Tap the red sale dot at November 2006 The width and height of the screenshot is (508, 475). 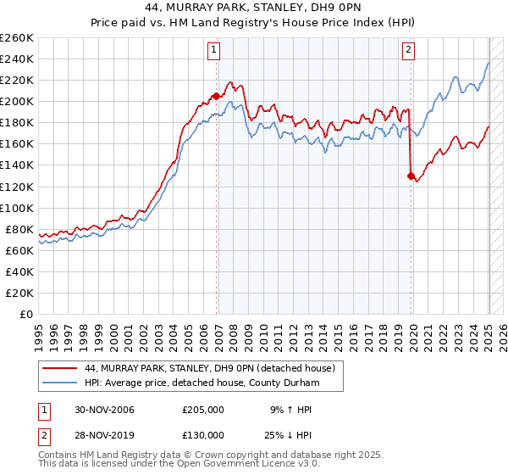point(217,96)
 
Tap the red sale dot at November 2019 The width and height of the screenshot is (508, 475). point(411,176)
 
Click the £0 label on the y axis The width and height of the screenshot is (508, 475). point(28,315)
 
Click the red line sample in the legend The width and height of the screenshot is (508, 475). point(59,368)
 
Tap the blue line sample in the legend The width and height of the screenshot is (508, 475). point(59,383)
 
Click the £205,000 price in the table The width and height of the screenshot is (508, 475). point(203,410)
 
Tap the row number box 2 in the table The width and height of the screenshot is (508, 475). point(43,434)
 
